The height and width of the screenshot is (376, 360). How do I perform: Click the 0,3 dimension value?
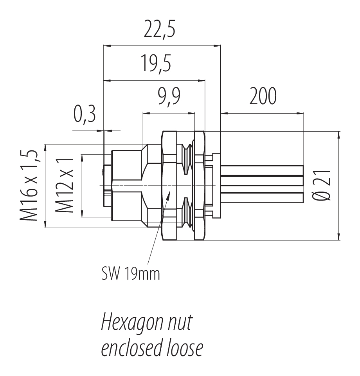pyautogui.click(x=84, y=116)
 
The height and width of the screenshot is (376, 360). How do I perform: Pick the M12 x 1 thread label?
pyautogui.click(x=65, y=185)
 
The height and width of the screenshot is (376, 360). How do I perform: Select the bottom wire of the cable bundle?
pyautogui.click(x=262, y=197)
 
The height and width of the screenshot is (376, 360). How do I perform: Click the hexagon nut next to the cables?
pyautogui.click(x=200, y=185)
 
